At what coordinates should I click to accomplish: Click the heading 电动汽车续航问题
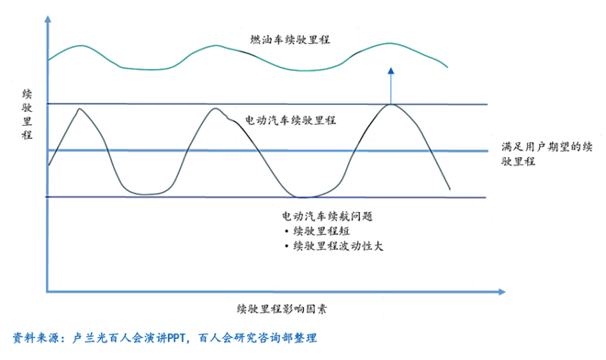[x=327, y=215]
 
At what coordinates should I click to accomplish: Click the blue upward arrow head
[x=391, y=70]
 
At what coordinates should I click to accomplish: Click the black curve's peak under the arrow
[x=392, y=104]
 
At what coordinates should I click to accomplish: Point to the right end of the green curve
[x=448, y=67]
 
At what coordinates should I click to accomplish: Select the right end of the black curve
[x=450, y=189]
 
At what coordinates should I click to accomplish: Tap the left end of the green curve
[x=49, y=61]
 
